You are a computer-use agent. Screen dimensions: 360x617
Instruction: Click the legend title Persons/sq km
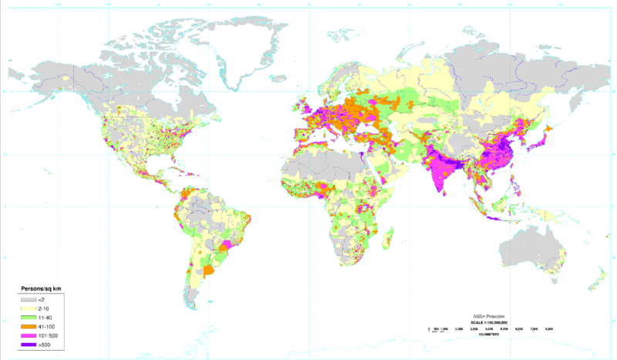point(40,288)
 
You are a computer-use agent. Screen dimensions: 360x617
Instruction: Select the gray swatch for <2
point(29,299)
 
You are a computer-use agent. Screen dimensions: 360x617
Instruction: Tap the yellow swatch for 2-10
point(29,308)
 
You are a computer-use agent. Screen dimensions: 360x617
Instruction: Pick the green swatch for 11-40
point(29,316)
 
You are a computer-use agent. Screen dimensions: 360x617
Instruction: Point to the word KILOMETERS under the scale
point(488,335)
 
